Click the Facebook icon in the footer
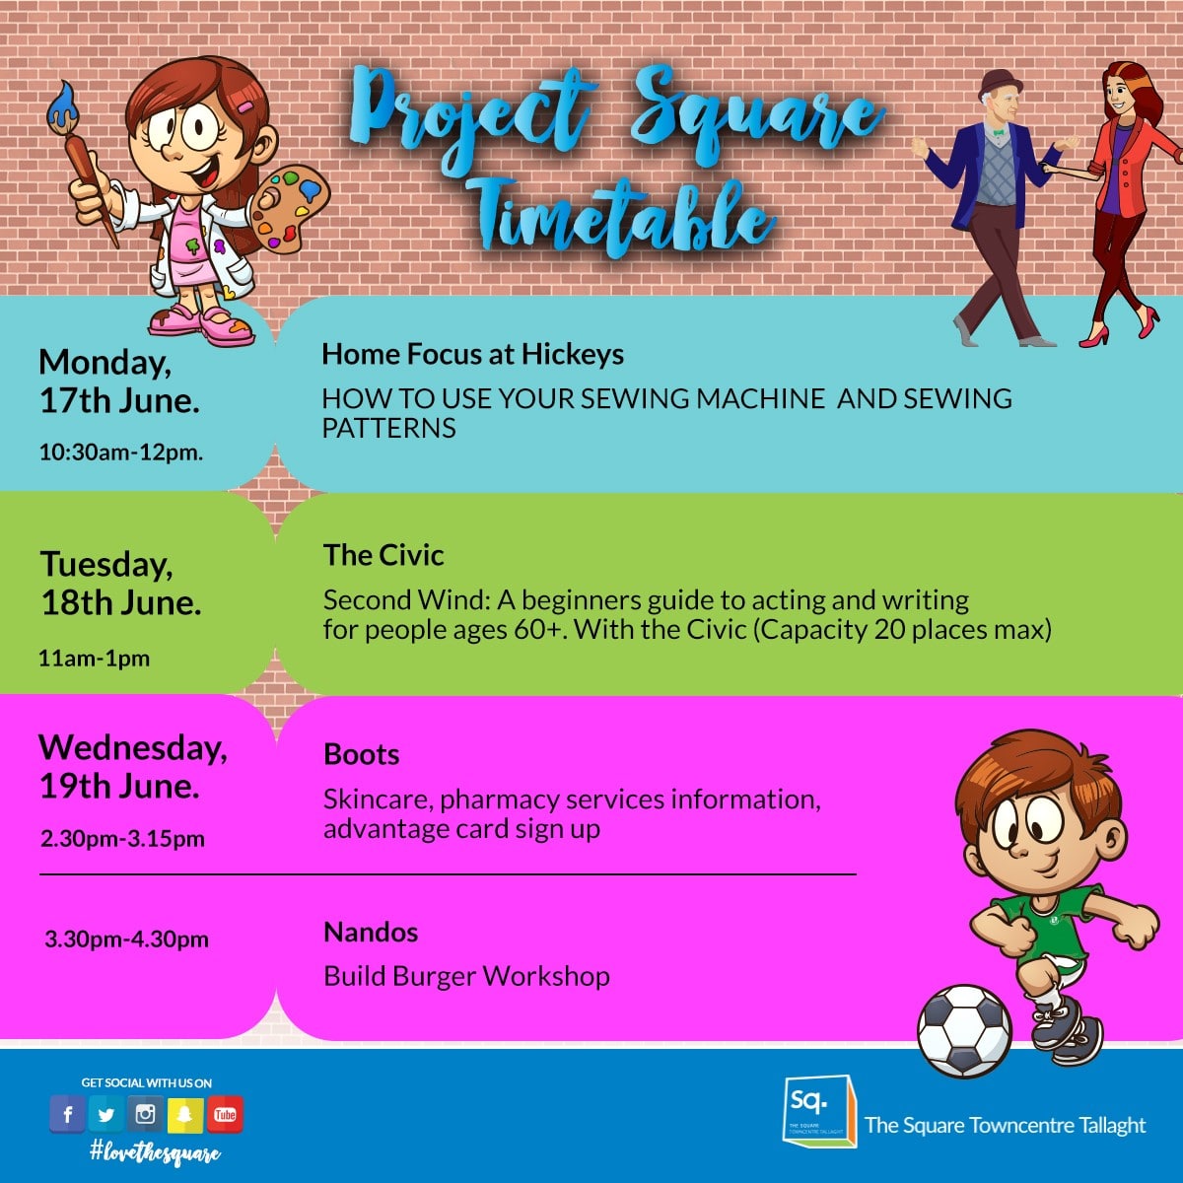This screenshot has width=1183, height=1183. point(68,1114)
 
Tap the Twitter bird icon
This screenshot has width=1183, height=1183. point(106,1114)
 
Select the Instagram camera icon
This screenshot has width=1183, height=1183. point(146,1114)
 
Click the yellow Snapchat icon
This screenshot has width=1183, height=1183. point(184,1114)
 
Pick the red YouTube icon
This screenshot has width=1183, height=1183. point(226,1114)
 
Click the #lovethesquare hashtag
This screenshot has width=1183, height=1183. point(155,1152)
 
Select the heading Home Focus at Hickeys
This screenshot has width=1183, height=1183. point(473,354)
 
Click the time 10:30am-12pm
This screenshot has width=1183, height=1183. point(121,452)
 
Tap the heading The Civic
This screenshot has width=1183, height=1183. point(383,555)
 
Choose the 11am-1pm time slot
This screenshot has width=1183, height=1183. point(94,659)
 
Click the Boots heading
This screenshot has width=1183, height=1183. point(362,754)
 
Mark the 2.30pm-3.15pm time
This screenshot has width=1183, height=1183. point(123,839)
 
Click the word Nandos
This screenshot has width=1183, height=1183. point(371,932)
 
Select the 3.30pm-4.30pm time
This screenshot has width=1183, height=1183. point(127,939)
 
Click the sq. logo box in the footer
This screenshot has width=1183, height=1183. point(819,1111)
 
